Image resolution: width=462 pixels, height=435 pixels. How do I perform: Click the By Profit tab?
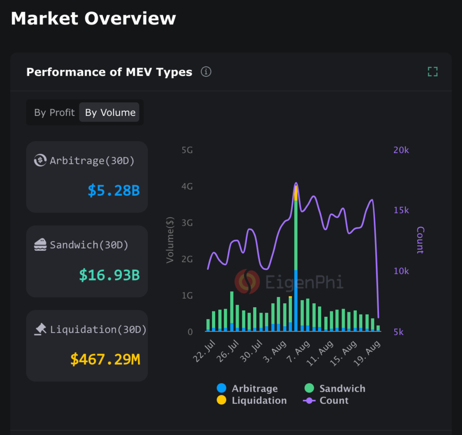(54, 112)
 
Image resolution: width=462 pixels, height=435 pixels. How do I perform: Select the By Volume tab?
(110, 112)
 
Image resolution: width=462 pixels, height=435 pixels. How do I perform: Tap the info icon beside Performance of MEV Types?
(206, 72)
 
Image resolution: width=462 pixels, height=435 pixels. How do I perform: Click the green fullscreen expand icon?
(432, 71)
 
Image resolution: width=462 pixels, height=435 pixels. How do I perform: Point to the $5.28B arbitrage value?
(114, 190)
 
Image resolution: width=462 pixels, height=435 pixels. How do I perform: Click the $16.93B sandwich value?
(110, 275)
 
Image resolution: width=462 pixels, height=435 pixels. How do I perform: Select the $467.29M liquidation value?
(105, 360)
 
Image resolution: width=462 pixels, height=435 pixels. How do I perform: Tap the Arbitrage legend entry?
(248, 389)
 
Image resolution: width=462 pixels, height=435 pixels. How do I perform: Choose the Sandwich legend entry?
(335, 389)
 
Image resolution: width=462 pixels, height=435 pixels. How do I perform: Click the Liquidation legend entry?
(252, 400)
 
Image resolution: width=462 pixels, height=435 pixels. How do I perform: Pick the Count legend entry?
(326, 400)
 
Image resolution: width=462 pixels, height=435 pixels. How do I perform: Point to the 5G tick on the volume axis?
(187, 150)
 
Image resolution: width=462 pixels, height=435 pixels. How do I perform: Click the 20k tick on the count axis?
(401, 150)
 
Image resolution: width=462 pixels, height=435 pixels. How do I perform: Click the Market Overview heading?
(93, 19)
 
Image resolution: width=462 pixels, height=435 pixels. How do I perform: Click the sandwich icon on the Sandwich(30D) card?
(41, 245)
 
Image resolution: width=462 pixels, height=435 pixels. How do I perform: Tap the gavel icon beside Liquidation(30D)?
(41, 329)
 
